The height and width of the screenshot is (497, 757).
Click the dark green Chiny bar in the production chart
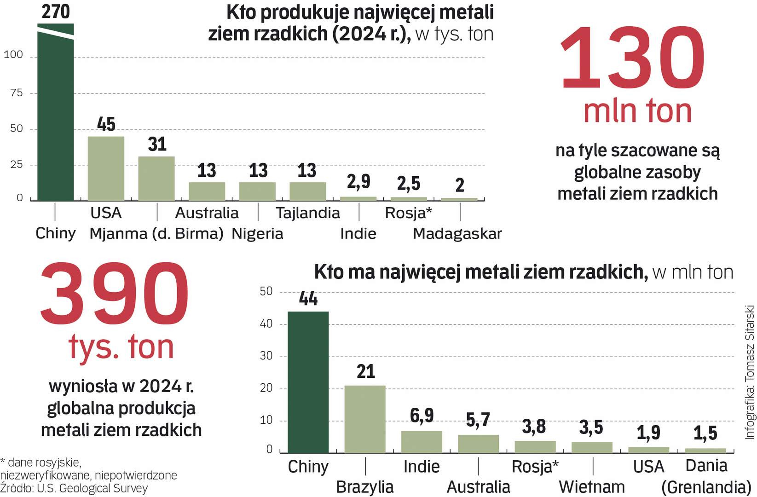55,115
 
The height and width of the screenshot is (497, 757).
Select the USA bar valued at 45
106,168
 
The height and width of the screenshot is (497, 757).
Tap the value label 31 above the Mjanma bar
157,144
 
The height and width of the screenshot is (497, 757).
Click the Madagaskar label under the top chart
457,234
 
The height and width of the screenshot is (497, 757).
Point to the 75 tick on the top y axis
17,93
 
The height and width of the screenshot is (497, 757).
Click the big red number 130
632,58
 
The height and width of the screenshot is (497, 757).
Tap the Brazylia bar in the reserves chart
365,419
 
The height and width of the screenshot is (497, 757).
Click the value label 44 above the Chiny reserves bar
308,299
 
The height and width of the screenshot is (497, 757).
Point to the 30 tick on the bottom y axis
266,356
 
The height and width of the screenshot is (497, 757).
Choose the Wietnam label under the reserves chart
592,487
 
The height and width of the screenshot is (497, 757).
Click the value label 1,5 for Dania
705,433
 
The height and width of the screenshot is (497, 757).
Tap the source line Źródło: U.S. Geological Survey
74,488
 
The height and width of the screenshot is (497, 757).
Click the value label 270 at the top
56,12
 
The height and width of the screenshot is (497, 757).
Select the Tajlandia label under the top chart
308,213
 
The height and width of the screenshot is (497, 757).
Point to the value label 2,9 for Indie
358,181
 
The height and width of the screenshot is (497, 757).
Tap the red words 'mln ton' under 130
637,111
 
